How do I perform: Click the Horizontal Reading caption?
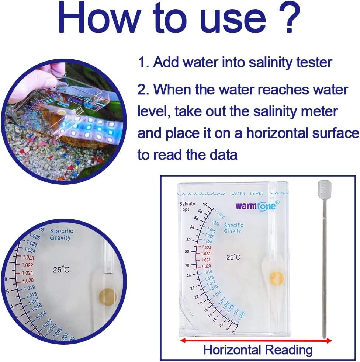coord(258,349)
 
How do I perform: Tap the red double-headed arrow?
coord(256,341)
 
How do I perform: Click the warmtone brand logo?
coord(256,206)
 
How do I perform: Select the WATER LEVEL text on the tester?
coord(247,193)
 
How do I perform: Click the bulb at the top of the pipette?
coord(323,189)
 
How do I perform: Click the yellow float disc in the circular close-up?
coord(107,297)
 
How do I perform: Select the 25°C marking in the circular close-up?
coord(61,270)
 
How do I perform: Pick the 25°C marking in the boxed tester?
coord(233,257)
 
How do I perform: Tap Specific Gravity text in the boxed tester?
coord(233,228)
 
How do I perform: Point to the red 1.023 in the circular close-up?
coord(28,258)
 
